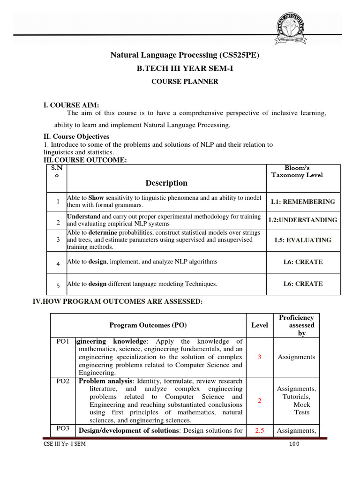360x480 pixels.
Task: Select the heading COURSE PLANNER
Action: (184, 82)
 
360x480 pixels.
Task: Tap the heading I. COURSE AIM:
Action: (71, 105)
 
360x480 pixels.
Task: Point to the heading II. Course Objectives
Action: (76, 136)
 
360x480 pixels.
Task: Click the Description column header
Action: (166, 183)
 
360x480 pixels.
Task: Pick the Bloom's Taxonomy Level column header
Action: (303, 172)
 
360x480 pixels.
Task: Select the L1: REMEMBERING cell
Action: (303, 202)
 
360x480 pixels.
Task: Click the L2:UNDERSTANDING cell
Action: (303, 220)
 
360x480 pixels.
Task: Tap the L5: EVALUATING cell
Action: (303, 240)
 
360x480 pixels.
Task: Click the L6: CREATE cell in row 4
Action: (303, 262)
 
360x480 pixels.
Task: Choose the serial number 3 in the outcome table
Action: (58, 240)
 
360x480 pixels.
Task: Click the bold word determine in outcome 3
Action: (103, 232)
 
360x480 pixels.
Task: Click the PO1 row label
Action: (63, 341)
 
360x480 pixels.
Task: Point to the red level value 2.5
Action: (260, 430)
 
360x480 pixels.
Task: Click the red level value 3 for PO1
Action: (260, 357)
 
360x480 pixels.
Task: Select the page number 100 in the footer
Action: (294, 444)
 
